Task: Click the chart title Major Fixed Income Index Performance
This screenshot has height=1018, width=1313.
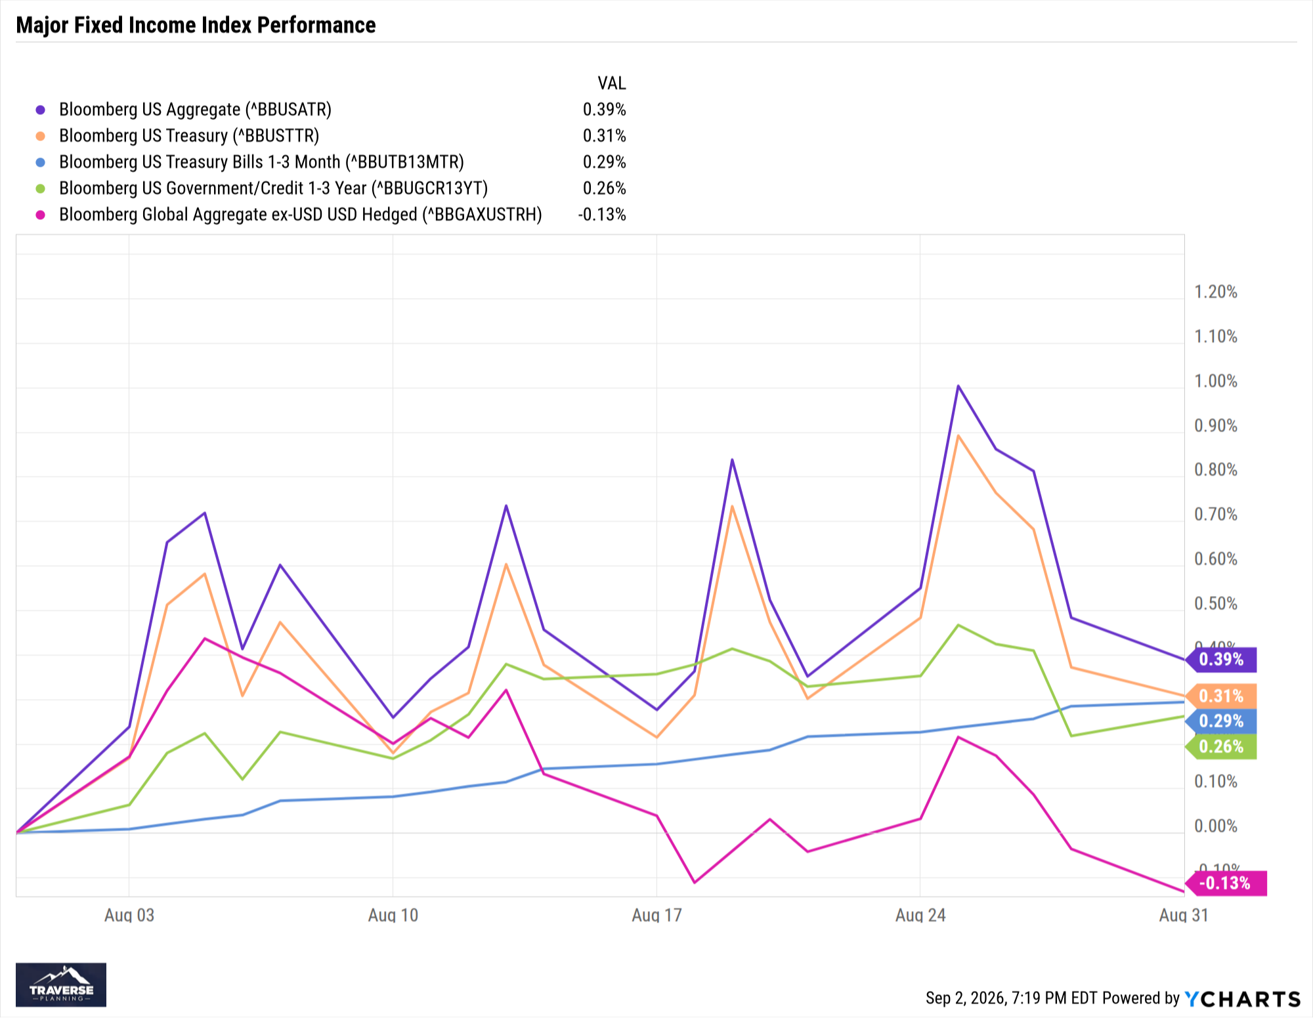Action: click(196, 25)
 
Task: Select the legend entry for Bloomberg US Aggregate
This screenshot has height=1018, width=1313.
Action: click(195, 110)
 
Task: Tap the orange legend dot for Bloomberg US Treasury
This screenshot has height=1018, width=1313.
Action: click(41, 136)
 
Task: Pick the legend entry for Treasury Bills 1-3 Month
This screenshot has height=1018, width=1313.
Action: click(261, 162)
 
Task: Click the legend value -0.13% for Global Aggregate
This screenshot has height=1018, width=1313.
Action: click(602, 215)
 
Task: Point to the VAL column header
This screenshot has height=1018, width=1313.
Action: click(612, 83)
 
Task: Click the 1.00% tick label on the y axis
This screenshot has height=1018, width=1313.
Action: click(1216, 381)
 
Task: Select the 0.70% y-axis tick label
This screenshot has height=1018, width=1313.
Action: click(1216, 515)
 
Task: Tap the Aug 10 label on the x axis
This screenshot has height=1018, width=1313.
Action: click(393, 915)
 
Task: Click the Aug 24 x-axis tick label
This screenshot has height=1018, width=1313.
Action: click(920, 915)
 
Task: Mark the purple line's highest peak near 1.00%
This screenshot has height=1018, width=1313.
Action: click(958, 386)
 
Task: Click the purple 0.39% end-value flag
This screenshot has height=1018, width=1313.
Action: click(1221, 660)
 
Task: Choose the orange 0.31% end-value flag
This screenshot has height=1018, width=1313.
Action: click(1221, 696)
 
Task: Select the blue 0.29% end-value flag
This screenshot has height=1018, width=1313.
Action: click(1221, 721)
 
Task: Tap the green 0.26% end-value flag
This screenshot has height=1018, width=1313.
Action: click(1221, 747)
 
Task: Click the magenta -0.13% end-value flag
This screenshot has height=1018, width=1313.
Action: click(1226, 883)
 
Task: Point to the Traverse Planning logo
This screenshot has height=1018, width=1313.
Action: click(61, 985)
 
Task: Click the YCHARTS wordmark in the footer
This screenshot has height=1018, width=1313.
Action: click(1243, 999)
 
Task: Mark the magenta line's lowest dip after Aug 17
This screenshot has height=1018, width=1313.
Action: click(695, 882)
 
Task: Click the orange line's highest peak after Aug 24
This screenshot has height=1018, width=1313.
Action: click(958, 436)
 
